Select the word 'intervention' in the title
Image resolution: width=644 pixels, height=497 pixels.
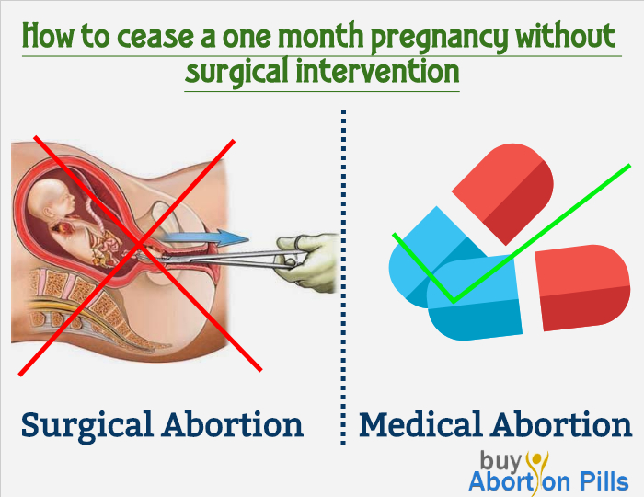click(377, 71)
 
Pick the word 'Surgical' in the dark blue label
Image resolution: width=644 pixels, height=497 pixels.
click(86, 425)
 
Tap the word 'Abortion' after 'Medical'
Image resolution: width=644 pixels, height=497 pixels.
click(562, 424)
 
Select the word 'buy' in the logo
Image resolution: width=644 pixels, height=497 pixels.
click(500, 460)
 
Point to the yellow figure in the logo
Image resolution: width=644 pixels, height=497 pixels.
click(538, 470)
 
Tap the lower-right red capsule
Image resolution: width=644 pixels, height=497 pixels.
click(582, 287)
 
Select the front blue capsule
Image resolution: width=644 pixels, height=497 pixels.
click(475, 298)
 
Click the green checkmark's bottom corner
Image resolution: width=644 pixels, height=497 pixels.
click(454, 302)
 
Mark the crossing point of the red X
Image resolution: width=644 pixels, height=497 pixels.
click(140, 245)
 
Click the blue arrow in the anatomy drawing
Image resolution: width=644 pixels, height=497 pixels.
click(204, 237)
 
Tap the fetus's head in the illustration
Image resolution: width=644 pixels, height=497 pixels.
click(50, 201)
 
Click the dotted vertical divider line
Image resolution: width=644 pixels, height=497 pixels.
click(343, 277)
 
